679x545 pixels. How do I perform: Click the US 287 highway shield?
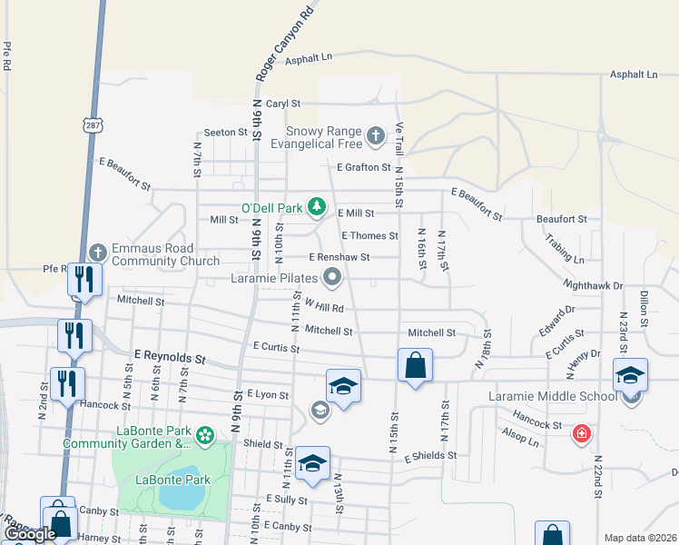coord(91,123)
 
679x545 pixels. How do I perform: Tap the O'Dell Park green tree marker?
coord(316,208)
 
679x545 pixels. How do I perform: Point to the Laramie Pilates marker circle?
coord(332,278)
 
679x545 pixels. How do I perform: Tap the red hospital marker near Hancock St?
coord(580,435)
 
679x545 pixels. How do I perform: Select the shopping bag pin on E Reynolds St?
coord(415,366)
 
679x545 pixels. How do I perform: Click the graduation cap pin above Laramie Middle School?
coord(630,374)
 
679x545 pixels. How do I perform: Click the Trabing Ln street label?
coord(565,248)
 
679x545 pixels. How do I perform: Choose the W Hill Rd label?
coord(324,307)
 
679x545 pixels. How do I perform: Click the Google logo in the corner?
coord(30,535)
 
